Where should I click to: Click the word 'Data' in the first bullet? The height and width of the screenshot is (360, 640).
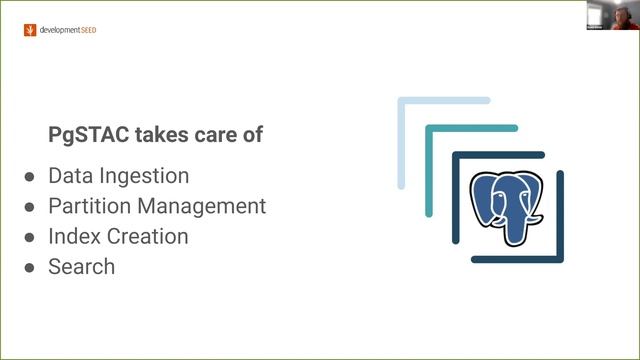click(69, 176)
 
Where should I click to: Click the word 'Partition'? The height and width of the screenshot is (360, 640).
click(88, 207)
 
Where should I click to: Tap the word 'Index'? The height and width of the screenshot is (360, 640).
click(71, 237)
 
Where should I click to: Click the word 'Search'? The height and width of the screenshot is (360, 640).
click(81, 267)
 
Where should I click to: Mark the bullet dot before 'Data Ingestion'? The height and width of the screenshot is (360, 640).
click(29, 177)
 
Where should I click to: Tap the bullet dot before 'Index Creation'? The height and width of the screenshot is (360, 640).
click(29, 238)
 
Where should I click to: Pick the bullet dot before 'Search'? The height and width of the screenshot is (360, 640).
click(29, 268)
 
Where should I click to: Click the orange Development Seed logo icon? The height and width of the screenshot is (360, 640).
click(29, 30)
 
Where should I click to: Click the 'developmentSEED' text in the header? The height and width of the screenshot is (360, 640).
click(67, 30)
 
